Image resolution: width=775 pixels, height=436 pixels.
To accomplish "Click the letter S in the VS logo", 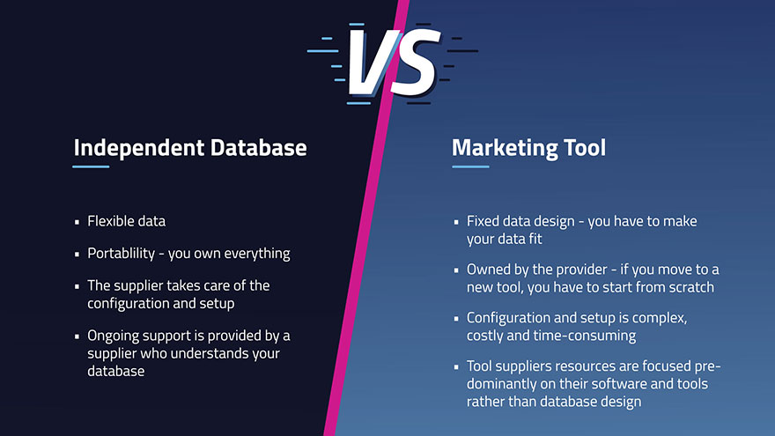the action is pos(414,62).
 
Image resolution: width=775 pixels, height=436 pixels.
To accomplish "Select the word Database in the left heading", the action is pos(259,147).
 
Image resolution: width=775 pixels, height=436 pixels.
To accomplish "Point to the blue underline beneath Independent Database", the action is pos(91,166).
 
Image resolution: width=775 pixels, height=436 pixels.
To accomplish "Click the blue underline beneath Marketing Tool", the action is pos(470,166).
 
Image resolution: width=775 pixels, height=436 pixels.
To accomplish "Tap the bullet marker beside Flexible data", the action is pos(77,222).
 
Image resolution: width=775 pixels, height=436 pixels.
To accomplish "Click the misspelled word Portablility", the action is pos(122,253).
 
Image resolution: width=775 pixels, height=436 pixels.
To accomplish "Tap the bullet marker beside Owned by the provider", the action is pos(456,270).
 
